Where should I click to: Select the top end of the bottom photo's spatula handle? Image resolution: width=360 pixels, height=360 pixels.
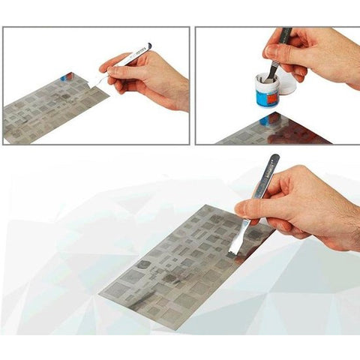(276, 157)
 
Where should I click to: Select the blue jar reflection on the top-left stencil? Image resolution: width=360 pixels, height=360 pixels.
(67, 77)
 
